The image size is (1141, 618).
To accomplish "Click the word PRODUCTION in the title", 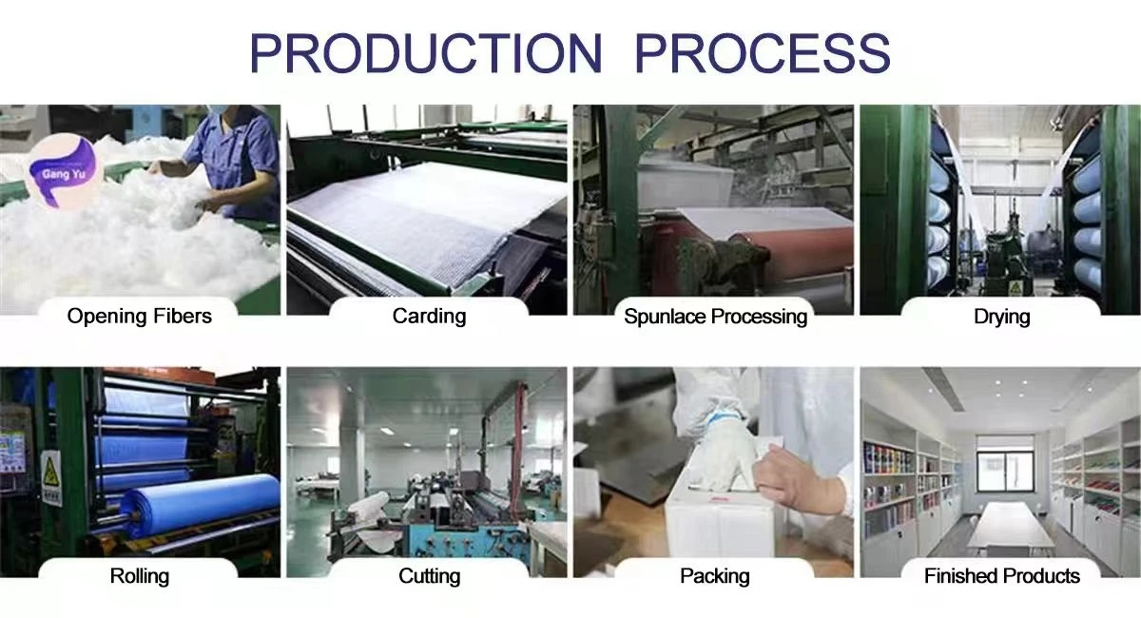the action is point(426,53).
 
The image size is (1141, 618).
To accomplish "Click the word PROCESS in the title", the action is point(763,53).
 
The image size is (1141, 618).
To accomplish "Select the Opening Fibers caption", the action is point(139,317).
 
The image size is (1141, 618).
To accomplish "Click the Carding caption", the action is point(429,317).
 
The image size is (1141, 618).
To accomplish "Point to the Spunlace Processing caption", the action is point(716,317).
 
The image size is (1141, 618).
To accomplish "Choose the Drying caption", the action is point(1002,317).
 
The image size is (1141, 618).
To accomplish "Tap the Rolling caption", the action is point(140,576).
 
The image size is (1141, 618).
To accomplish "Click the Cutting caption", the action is point(430,576).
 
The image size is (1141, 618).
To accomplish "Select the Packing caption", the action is point(715,576).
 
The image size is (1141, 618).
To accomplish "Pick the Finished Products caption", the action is point(1002,576).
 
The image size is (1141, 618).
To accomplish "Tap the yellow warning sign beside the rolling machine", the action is point(51,477).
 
